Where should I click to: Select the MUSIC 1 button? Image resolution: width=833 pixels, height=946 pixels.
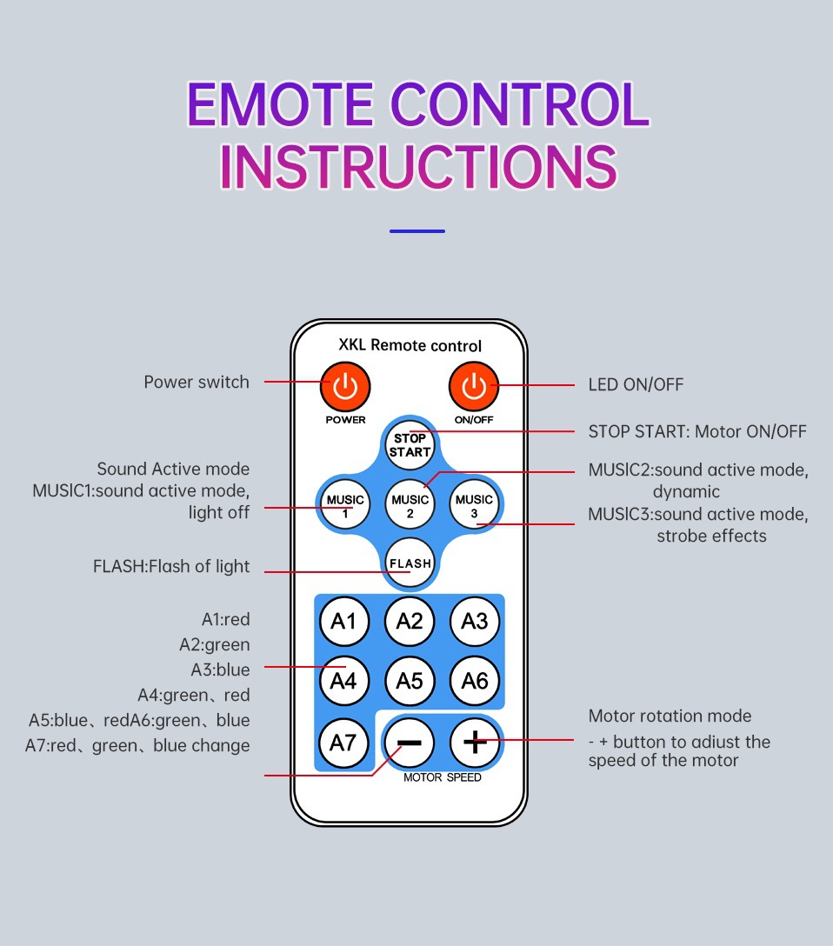[345, 505]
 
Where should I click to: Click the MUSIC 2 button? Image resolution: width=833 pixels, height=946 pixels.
[410, 505]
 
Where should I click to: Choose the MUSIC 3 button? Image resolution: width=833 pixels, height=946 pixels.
[474, 505]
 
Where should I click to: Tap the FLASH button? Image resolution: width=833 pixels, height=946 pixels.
[410, 563]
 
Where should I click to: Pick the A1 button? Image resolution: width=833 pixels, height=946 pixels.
[345, 621]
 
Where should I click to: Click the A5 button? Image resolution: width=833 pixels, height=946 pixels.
[410, 680]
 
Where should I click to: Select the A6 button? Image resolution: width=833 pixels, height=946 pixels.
[474, 680]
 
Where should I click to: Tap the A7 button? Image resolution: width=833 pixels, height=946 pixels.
[345, 742]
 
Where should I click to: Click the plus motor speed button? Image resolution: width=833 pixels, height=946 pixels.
[474, 742]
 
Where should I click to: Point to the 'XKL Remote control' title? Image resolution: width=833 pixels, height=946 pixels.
[410, 346]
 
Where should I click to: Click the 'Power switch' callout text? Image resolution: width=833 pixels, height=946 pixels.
[197, 382]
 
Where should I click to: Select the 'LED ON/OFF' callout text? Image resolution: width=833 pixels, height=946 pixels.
[636, 384]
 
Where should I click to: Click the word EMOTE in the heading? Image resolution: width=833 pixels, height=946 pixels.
[279, 105]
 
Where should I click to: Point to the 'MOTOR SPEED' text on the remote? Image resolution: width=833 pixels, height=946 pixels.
[442, 777]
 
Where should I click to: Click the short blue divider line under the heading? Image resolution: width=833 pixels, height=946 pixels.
[417, 231]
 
